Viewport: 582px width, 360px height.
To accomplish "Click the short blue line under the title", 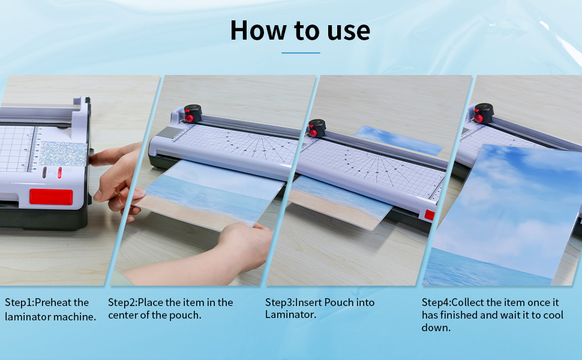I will (x=301, y=53).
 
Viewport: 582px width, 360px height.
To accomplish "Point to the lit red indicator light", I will (x=59, y=173).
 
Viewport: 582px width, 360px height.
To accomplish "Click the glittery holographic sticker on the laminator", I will (x=62, y=154).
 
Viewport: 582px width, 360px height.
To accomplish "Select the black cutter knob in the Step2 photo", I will (x=193, y=112).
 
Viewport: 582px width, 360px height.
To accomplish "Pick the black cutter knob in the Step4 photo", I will (x=482, y=112).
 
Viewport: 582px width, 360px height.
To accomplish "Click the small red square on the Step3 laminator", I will (x=430, y=215).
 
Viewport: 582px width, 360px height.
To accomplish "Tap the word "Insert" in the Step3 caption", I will (x=311, y=302).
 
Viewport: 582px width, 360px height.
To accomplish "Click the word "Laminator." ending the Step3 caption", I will (x=290, y=315).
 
